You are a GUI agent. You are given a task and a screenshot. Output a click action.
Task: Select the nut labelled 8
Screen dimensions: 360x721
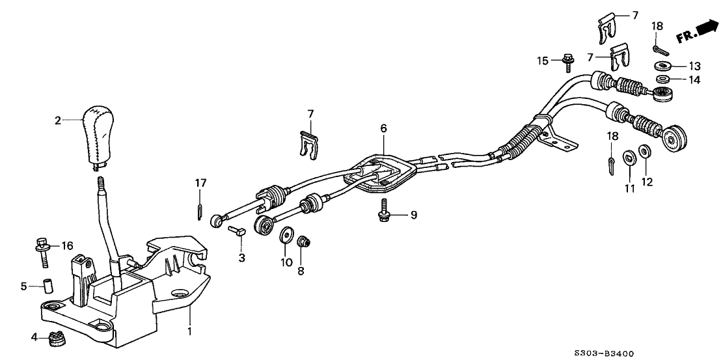coord(303,243)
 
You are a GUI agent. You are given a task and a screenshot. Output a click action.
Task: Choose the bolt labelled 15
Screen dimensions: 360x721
coord(567,63)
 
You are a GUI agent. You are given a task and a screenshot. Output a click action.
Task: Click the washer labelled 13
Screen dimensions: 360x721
coord(662,66)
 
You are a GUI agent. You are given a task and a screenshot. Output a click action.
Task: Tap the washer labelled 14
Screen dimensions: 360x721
coord(662,79)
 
